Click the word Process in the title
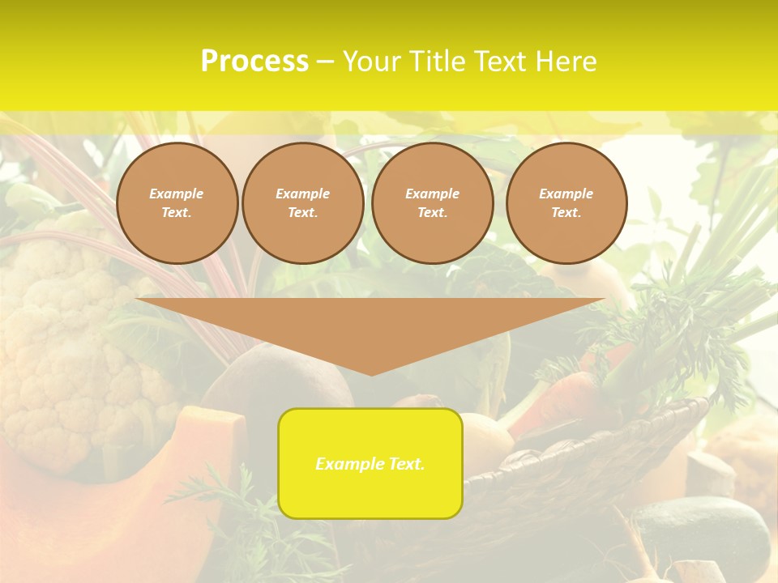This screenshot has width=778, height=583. [254, 62]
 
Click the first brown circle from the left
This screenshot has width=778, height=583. [177, 203]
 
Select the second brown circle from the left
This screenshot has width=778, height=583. [303, 203]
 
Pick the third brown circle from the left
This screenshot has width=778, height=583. [433, 203]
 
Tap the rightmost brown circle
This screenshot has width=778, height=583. [566, 203]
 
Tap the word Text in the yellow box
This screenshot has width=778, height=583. [406, 464]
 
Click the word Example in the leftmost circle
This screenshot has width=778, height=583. [177, 194]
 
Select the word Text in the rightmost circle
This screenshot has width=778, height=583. [566, 213]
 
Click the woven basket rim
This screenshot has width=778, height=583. [616, 437]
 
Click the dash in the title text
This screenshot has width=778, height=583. [325, 62]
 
